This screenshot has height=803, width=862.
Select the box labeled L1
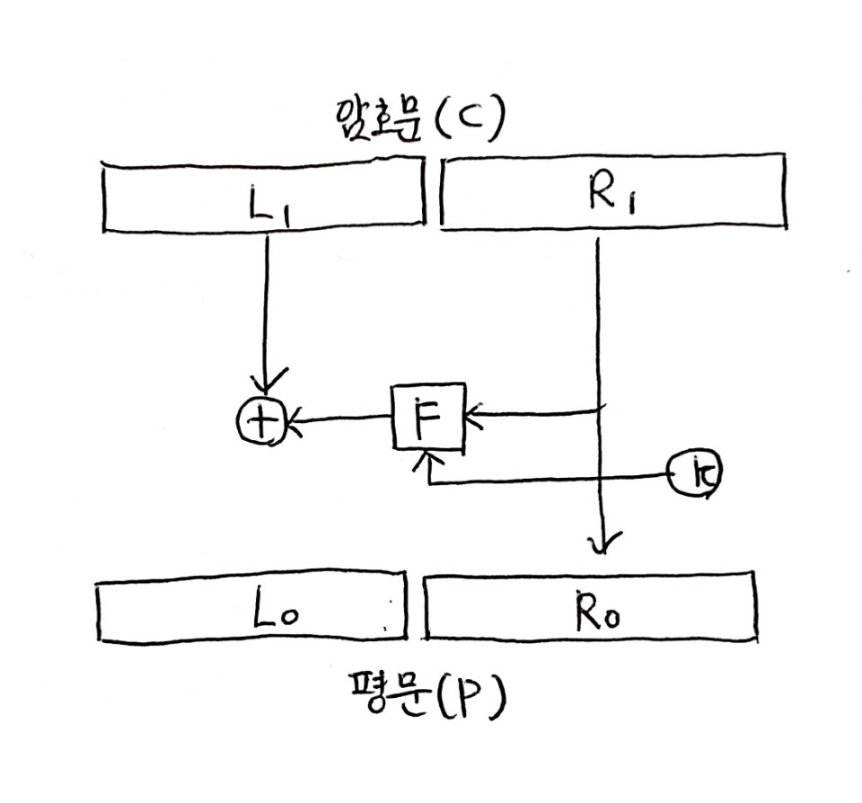(x=263, y=194)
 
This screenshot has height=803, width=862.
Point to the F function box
(x=428, y=417)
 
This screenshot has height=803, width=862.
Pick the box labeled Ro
(x=589, y=611)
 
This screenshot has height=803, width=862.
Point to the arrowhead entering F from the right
(x=473, y=415)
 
